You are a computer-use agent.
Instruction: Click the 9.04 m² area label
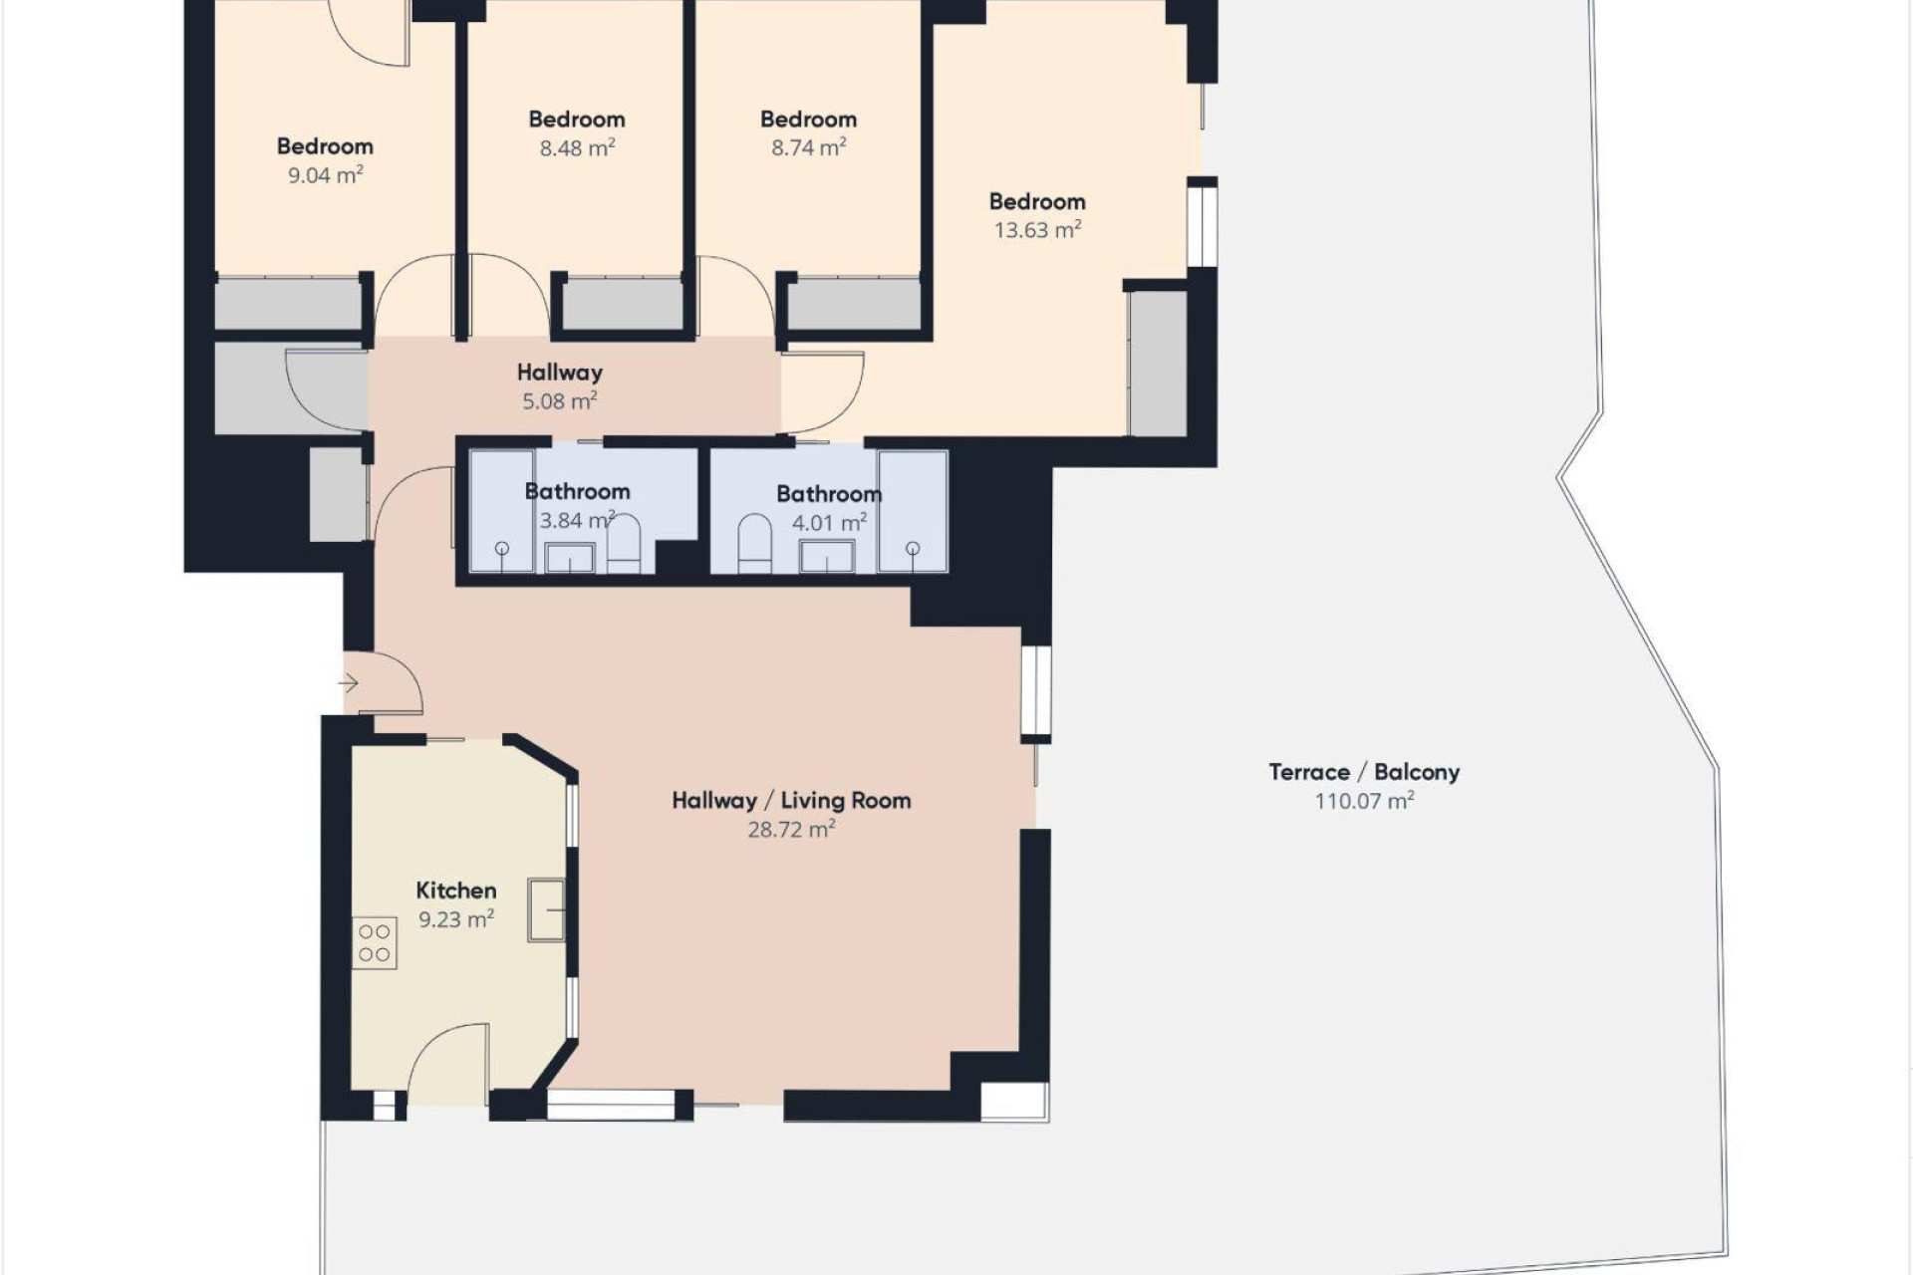pos(325,175)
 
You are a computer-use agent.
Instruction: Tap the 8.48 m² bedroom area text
pos(577,148)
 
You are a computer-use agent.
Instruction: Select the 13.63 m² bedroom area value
pos(1037,230)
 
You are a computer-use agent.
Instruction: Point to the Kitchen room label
pos(455,891)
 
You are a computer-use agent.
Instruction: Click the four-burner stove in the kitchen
pos(375,942)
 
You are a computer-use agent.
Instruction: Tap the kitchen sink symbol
pos(546,909)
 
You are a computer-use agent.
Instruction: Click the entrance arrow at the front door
pos(348,683)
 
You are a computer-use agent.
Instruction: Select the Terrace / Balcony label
pos(1363,772)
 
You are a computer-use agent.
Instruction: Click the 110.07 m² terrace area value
pos(1363,801)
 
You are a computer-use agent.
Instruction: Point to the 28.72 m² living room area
pos(791,830)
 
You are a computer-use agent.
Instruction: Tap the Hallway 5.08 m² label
pos(559,386)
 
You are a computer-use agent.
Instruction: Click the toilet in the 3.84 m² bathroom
pos(624,546)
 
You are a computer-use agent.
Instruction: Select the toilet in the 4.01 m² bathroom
pos(754,545)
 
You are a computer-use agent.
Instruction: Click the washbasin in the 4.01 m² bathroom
pos(827,557)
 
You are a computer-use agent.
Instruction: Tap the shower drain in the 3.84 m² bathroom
pos(502,549)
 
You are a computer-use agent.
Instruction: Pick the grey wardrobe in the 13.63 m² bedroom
pos(1157,364)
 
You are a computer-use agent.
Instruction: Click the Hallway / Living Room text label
pos(791,801)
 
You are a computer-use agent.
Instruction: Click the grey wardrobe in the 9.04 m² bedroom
pos(287,304)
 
